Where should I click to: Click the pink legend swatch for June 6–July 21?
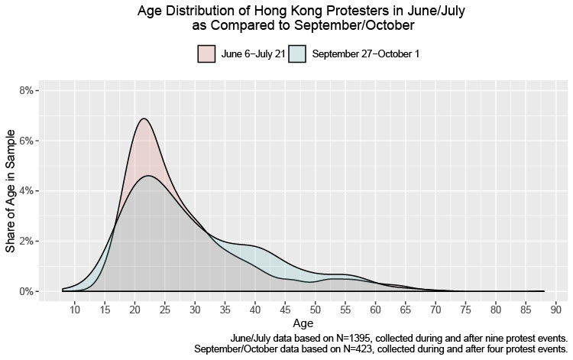206,54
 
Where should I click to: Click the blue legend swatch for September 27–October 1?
297,54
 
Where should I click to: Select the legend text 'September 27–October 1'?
365,54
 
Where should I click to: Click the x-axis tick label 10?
75,310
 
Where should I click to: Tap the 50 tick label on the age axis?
316,310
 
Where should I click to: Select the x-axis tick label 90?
556,310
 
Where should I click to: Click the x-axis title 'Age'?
303,324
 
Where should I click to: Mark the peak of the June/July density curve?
143,118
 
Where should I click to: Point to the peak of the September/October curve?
148,176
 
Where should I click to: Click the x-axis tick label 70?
435,310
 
